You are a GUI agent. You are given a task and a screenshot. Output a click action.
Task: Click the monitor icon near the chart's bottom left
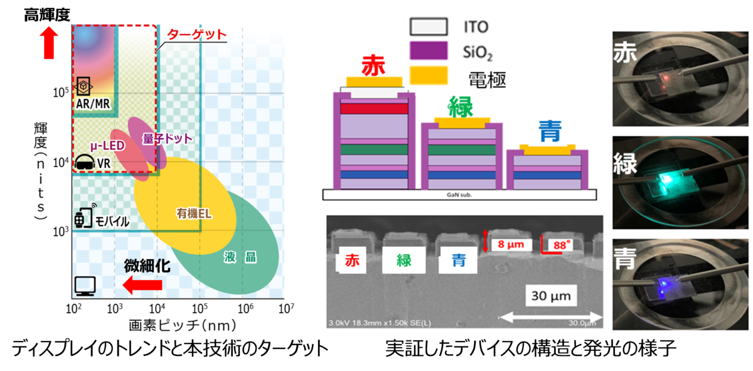tap(84, 286)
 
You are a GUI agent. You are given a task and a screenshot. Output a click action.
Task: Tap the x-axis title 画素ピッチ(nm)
tap(178, 325)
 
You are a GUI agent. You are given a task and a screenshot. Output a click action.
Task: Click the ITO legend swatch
tap(428, 26)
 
